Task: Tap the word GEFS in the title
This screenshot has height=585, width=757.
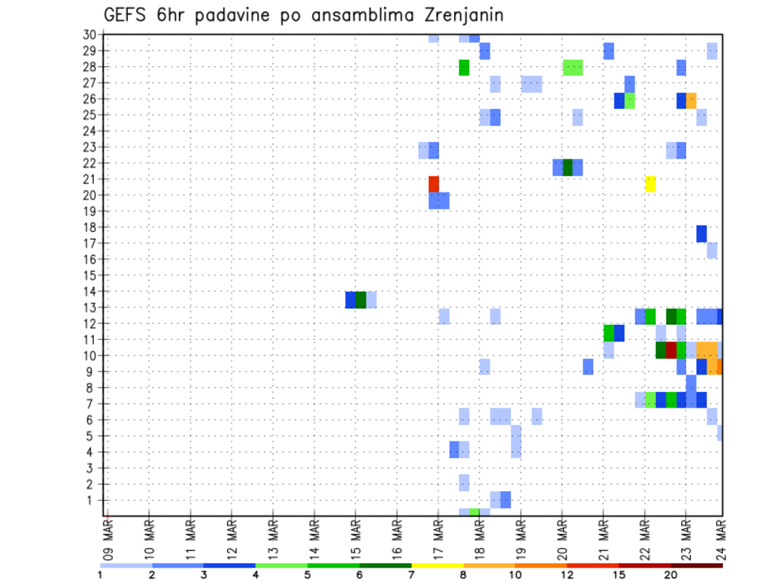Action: point(128,15)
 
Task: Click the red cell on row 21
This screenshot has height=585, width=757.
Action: point(434,184)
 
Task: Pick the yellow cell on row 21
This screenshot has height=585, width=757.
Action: point(651,184)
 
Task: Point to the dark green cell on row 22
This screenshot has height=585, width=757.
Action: point(568,167)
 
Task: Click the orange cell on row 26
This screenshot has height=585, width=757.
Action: point(692,100)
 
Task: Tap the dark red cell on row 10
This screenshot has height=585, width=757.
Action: point(671,350)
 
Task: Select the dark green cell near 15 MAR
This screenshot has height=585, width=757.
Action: point(361,300)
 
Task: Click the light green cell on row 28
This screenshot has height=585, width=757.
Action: point(573,68)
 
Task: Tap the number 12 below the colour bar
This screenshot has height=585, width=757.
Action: point(567,575)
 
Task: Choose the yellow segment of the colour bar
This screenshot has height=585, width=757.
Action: point(437,565)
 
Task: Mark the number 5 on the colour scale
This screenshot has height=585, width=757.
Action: point(308,575)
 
